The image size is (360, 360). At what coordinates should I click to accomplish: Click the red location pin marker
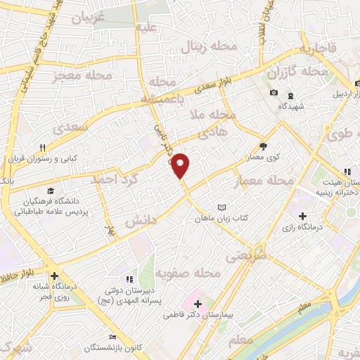point(181,165)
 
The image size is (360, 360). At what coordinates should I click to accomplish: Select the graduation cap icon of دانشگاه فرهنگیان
point(50,191)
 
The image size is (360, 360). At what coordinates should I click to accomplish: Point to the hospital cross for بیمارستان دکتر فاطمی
point(198,304)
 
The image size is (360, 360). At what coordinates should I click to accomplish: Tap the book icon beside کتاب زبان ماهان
point(222,207)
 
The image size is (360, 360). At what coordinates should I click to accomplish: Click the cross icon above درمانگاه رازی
point(303,216)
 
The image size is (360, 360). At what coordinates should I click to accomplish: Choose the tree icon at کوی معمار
point(263,146)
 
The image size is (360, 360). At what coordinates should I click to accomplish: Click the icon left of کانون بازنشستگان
point(110,337)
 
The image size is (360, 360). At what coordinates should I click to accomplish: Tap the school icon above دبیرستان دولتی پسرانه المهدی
point(129,279)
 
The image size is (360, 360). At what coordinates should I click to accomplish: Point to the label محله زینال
point(202,49)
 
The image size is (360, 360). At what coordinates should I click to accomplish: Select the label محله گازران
point(297,73)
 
